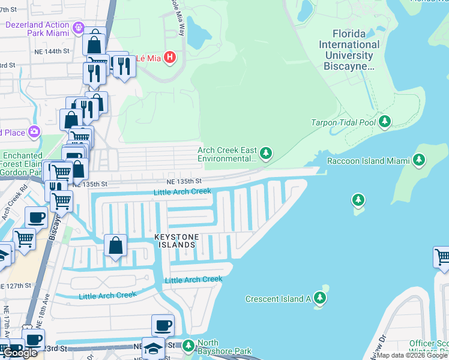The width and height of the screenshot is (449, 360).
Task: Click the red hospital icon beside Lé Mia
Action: pyautogui.click(x=170, y=58)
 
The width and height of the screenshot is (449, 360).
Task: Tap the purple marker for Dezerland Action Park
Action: pyautogui.click(x=79, y=28)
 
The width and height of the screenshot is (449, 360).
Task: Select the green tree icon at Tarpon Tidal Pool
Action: pyautogui.click(x=384, y=122)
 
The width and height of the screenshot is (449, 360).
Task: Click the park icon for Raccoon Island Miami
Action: pyautogui.click(x=419, y=160)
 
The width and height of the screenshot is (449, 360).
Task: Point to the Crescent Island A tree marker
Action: pyautogui.click(x=320, y=298)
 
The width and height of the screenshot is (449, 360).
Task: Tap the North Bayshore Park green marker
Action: pyautogui.click(x=188, y=346)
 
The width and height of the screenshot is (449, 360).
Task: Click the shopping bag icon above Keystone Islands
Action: pyautogui.click(x=115, y=245)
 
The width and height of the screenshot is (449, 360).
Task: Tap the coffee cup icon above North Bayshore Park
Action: pyautogui.click(x=163, y=326)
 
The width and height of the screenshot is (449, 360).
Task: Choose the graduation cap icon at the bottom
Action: pyautogui.click(x=154, y=350)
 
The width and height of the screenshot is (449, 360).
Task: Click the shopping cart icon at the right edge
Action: pyautogui.click(x=442, y=257)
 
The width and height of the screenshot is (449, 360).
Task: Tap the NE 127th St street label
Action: pyautogui.click(x=15, y=286)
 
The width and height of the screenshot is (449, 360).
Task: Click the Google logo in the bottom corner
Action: pyautogui.click(x=20, y=353)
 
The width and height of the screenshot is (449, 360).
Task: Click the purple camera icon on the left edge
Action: pyautogui.click(x=34, y=131)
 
